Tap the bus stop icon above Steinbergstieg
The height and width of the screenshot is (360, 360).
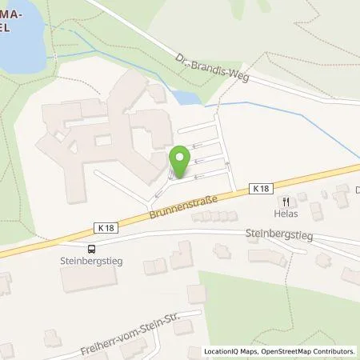[93, 249]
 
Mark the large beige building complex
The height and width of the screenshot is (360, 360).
[112, 128]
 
